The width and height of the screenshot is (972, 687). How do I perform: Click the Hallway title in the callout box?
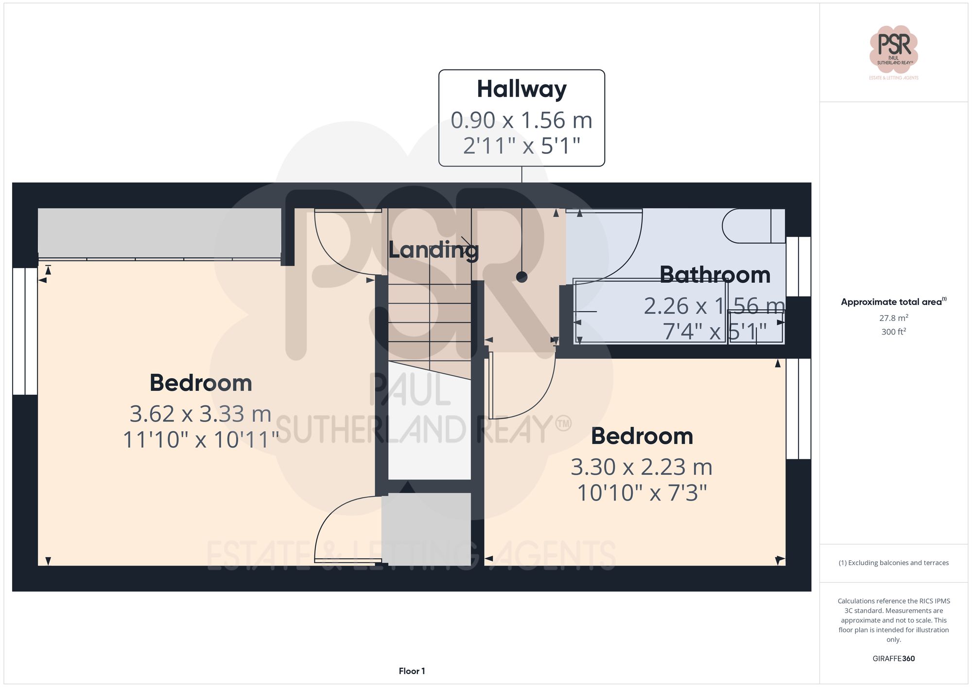tap(521, 89)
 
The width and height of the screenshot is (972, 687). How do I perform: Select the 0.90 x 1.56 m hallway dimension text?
tap(521, 120)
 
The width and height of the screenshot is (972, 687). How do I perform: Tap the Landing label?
tap(433, 250)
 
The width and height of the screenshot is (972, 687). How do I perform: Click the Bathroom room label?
tap(714, 275)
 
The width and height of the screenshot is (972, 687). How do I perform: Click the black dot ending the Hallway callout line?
tap(521, 277)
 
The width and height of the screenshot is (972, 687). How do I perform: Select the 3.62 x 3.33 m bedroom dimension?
tap(200, 414)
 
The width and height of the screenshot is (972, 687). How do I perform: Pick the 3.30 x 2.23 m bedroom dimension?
tap(642, 467)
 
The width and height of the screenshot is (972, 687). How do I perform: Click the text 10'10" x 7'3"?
tap(642, 493)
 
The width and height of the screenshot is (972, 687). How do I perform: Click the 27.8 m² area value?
tap(893, 318)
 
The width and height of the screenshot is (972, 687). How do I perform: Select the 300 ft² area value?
tap(893, 332)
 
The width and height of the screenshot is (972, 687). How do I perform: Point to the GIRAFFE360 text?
tap(893, 658)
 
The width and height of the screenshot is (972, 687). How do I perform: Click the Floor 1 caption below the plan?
tap(412, 671)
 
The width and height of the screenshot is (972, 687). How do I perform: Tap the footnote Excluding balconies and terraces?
tap(893, 563)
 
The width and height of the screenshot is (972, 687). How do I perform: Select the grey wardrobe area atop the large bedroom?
tap(159, 233)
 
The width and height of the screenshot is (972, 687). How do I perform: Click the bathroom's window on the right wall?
tap(798, 267)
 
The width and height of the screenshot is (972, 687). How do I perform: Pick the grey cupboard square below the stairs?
tap(426, 529)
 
